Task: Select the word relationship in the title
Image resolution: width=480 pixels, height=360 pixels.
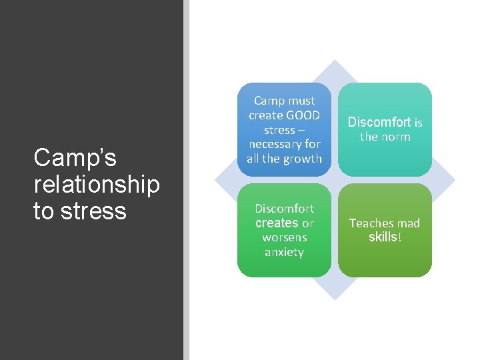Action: [97, 185]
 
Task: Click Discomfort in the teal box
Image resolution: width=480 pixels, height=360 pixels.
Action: [379, 123]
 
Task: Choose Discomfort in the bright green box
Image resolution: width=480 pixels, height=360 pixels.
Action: [285, 209]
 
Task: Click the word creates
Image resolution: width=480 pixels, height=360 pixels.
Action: [277, 223]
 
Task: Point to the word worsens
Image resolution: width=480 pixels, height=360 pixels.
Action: [285, 237]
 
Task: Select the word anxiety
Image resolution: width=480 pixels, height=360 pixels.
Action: [285, 252]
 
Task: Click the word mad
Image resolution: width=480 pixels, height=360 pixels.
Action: [409, 223]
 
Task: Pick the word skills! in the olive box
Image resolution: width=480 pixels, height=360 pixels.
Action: [385, 237]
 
